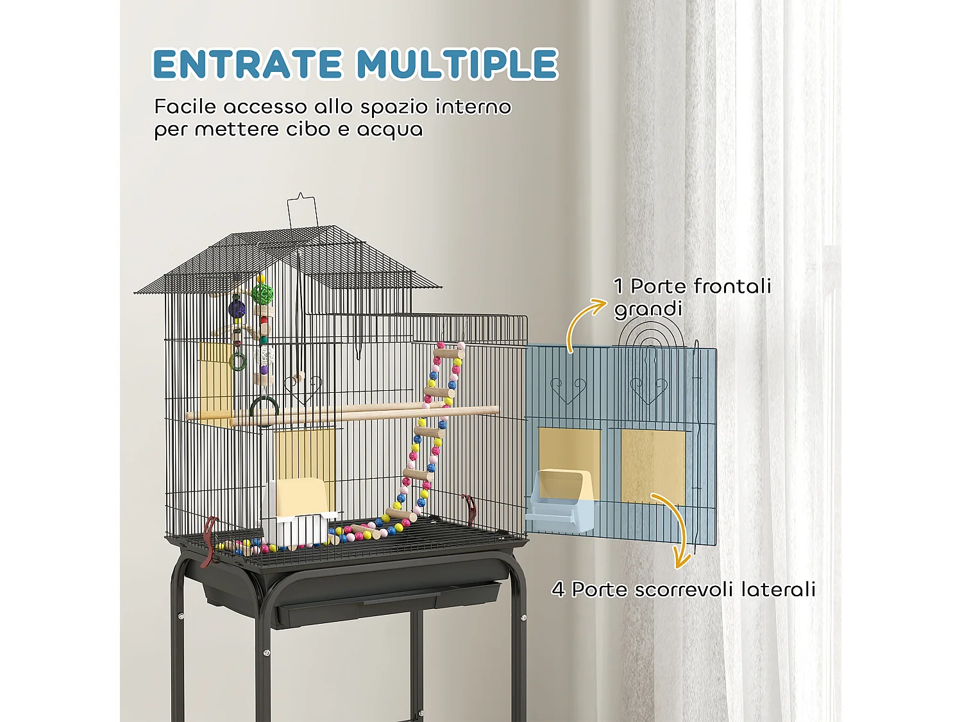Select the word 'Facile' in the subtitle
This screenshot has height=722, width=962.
pyautogui.click(x=185, y=107)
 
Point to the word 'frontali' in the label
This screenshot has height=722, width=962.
pyautogui.click(x=732, y=286)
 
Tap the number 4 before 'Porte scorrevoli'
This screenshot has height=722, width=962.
pyautogui.click(x=558, y=589)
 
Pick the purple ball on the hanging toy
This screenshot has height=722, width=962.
pyautogui.click(x=237, y=310)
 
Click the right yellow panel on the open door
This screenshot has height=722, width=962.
pyautogui.click(x=653, y=465)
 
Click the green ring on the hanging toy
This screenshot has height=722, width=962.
pyautogui.click(x=238, y=362)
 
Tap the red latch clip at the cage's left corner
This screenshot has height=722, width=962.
pyautogui.click(x=208, y=543)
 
